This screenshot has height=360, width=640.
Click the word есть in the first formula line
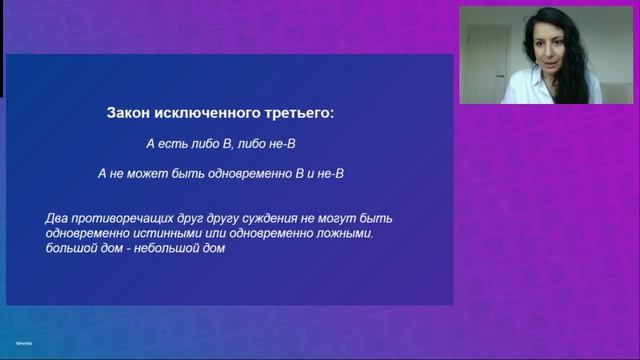pyautogui.click(x=171, y=144)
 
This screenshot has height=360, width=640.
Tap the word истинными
pyautogui.click(x=164, y=234)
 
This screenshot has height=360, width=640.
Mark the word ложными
pyautogui.click(x=343, y=234)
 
